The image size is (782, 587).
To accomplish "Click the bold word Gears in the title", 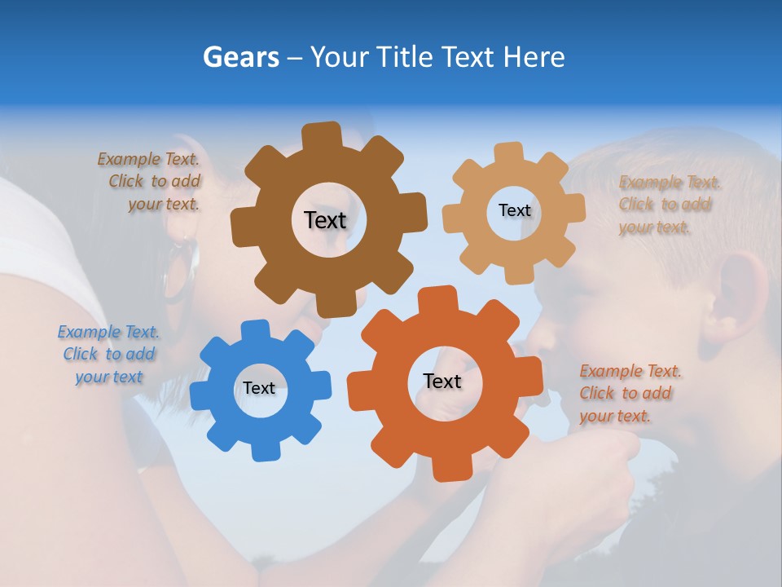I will pyautogui.click(x=240, y=57).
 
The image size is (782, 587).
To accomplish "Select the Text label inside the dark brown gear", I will pyautogui.click(x=325, y=220).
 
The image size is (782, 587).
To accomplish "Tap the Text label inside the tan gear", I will pyautogui.click(x=514, y=210).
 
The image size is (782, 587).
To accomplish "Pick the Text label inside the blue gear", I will pyautogui.click(x=259, y=388).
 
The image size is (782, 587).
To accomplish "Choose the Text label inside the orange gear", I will pyautogui.click(x=442, y=381).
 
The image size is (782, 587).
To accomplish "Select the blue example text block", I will pyautogui.click(x=108, y=354).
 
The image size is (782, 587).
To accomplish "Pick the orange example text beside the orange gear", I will pyautogui.click(x=629, y=393).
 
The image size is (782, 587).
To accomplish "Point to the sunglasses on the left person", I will pyautogui.click(x=181, y=269).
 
